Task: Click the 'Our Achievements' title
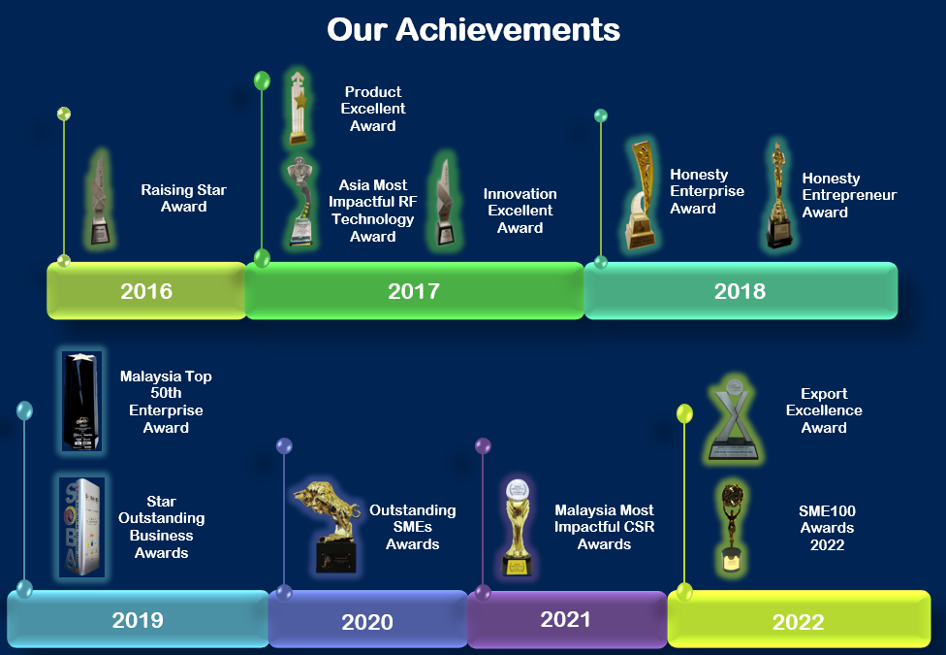click(x=473, y=30)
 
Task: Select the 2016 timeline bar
click(x=146, y=291)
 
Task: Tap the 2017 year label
click(x=414, y=291)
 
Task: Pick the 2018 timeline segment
click(x=741, y=291)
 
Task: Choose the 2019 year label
click(x=138, y=620)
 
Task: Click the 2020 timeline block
click(x=367, y=619)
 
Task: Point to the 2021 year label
click(x=565, y=619)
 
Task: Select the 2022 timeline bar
click(x=799, y=619)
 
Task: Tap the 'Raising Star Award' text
click(x=183, y=198)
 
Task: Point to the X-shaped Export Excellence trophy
click(x=735, y=418)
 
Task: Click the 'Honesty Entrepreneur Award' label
click(x=849, y=195)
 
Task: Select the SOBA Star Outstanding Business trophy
click(x=82, y=527)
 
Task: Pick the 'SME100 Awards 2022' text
click(x=827, y=528)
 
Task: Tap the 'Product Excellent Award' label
click(x=373, y=109)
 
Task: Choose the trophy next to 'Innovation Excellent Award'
click(x=445, y=202)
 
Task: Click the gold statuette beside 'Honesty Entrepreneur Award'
click(x=779, y=195)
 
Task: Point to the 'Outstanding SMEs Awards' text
click(x=413, y=527)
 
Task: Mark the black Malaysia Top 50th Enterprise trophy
click(x=82, y=401)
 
